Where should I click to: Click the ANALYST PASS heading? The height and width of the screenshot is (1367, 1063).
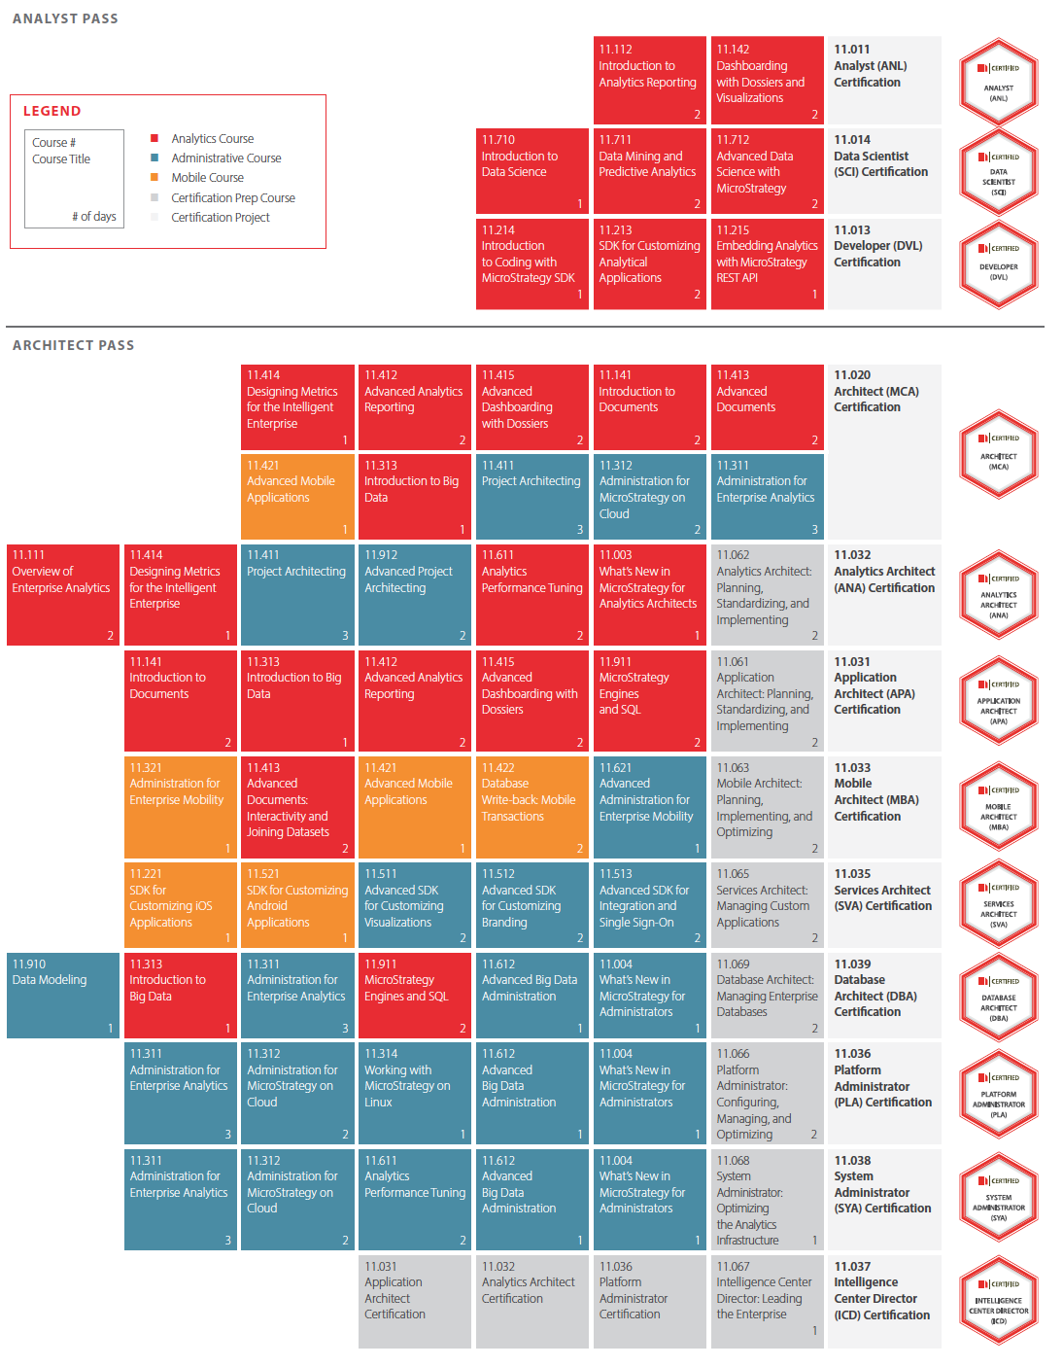[65, 18]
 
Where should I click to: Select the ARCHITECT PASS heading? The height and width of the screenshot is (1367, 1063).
[73, 345]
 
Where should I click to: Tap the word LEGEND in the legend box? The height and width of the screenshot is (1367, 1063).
[52, 111]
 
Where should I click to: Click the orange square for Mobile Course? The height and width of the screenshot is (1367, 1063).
[154, 177]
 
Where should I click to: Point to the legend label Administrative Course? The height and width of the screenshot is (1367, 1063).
[226, 158]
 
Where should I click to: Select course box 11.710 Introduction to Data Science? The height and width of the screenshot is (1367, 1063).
[531, 171]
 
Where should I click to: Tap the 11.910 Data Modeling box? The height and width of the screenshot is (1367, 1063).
[63, 996]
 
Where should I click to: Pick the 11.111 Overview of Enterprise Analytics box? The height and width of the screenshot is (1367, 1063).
[63, 595]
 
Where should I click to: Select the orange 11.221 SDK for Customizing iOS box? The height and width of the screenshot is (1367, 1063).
[181, 904]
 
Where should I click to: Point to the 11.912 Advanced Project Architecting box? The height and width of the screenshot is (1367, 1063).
[415, 595]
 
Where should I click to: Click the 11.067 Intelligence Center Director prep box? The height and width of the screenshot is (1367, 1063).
[767, 1301]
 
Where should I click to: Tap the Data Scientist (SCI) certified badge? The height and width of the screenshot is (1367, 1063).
[998, 171]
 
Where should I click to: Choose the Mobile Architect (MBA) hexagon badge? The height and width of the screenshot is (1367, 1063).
[998, 806]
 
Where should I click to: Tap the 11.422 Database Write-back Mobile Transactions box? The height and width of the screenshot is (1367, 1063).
[531, 807]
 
